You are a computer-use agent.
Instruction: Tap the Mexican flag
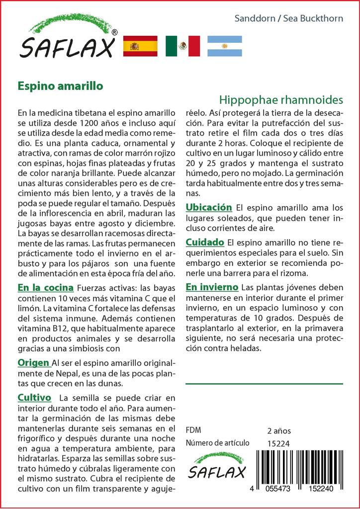click(182, 46)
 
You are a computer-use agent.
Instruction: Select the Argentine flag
click(224, 46)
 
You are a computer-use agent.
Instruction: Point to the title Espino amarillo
click(60, 85)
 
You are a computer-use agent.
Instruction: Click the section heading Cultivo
click(34, 398)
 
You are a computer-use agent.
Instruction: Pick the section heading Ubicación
click(209, 207)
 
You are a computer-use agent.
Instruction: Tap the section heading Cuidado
click(205, 242)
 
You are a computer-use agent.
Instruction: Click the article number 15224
click(278, 443)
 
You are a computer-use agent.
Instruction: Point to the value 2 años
click(279, 430)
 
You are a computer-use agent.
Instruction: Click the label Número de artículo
click(216, 443)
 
